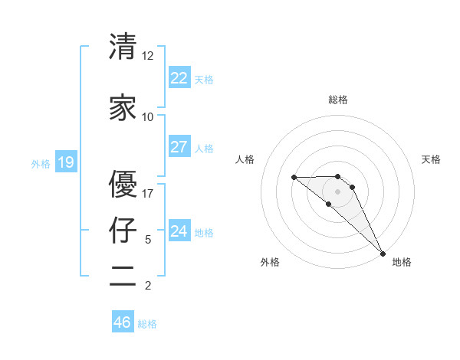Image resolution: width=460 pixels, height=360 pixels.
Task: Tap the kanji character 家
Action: click(123, 107)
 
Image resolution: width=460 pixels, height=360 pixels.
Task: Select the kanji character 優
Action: click(123, 184)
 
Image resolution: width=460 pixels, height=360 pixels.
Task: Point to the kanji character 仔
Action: click(123, 230)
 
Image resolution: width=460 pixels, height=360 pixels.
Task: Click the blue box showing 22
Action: click(179, 78)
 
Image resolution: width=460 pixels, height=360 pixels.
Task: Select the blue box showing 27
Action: click(179, 147)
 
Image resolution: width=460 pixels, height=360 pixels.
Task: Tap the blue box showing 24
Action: click(179, 231)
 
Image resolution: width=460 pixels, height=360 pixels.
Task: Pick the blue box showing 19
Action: click(65, 162)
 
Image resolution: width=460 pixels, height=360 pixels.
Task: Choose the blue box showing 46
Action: click(123, 322)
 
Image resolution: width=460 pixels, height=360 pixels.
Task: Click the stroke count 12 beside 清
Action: click(147, 56)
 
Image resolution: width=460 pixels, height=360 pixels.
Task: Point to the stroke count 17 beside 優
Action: click(147, 194)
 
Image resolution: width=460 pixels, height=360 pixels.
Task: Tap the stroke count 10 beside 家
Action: click(147, 117)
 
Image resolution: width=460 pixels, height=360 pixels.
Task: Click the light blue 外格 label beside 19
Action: click(41, 163)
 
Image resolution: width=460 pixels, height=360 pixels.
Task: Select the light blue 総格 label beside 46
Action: click(147, 324)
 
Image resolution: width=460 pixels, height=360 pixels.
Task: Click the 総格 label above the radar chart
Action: click(337, 100)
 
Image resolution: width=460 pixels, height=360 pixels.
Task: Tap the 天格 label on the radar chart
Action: click(432, 159)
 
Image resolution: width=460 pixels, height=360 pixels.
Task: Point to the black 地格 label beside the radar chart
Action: click(402, 262)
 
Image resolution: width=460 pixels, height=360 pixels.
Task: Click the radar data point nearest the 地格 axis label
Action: click(382, 253)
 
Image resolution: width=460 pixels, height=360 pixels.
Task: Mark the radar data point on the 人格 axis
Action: click(294, 178)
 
